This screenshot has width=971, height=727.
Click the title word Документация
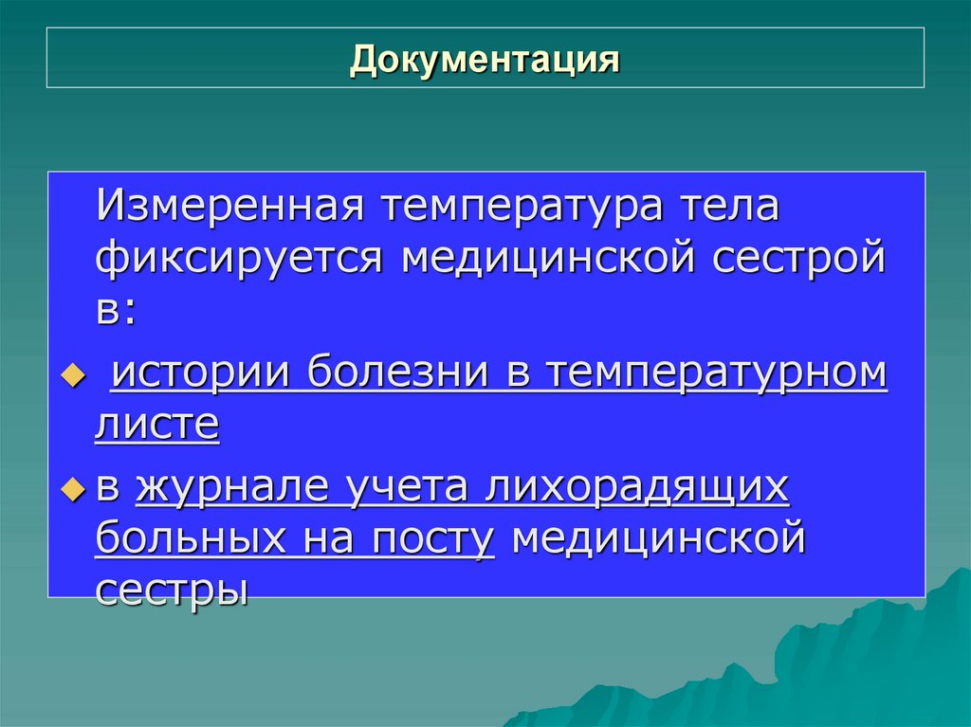coord(485,59)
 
